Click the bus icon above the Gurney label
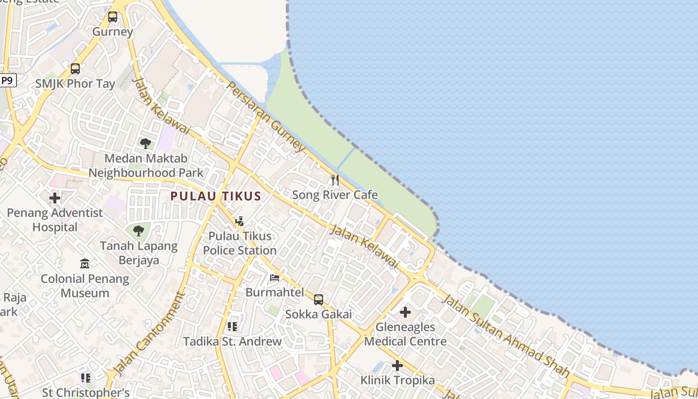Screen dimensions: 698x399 pyautogui.click(x=113, y=17)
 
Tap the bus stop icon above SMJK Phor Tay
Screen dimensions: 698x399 pyautogui.click(x=75, y=69)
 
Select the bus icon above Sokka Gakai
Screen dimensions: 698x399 pyautogui.click(x=319, y=300)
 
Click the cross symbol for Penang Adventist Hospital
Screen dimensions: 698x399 pyautogui.click(x=55, y=198)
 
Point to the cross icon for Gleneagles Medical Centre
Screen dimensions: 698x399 pyautogui.click(x=405, y=313)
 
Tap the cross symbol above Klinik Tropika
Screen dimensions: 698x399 pyautogui.click(x=397, y=366)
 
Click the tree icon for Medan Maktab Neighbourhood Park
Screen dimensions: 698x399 pyautogui.click(x=146, y=144)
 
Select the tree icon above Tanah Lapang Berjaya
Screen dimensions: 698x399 pyautogui.click(x=139, y=231)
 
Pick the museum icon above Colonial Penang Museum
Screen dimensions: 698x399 pyautogui.click(x=85, y=263)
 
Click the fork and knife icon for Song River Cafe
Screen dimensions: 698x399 pyautogui.click(x=335, y=180)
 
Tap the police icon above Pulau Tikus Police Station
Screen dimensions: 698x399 pyautogui.click(x=239, y=221)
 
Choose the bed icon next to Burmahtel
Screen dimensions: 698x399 pyautogui.click(x=275, y=278)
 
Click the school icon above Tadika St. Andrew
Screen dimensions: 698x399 pyautogui.click(x=232, y=327)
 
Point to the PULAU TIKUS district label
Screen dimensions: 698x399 pyautogui.click(x=216, y=196)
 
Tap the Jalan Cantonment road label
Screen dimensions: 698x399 pyautogui.click(x=148, y=334)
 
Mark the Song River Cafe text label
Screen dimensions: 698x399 pyautogui.click(x=335, y=195)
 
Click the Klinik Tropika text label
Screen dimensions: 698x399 pyautogui.click(x=397, y=380)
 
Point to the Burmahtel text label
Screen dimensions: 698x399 pyautogui.click(x=275, y=292)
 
